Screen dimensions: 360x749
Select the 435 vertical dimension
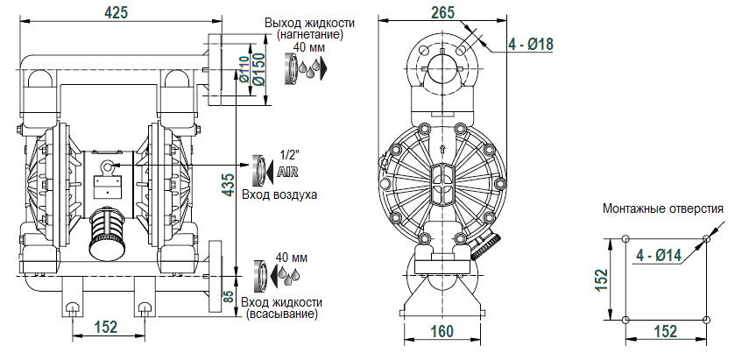(x=228, y=187)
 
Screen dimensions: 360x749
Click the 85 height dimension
(x=230, y=297)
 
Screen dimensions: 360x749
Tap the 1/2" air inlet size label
(x=287, y=154)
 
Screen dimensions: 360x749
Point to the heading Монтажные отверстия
(x=662, y=209)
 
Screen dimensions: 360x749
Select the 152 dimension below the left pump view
(x=105, y=327)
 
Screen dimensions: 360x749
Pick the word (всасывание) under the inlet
(x=283, y=313)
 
